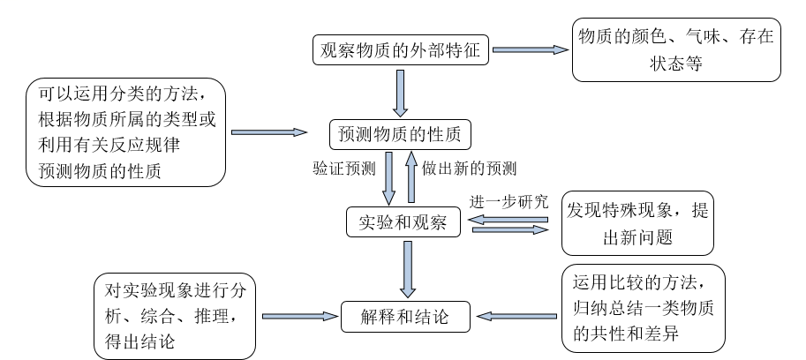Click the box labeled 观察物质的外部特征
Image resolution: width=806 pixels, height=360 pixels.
(400, 51)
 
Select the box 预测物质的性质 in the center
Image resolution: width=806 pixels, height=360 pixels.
(399, 134)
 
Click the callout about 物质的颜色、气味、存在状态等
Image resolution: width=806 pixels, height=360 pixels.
(676, 51)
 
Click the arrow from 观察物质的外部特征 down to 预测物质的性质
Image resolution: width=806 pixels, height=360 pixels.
(400, 93)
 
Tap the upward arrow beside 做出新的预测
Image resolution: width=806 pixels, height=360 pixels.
(411, 178)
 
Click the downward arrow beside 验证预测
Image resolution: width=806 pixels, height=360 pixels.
(389, 178)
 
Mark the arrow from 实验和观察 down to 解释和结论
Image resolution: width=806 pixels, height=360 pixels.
(406, 269)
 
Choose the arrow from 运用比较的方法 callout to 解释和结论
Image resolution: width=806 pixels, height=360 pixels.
(516, 315)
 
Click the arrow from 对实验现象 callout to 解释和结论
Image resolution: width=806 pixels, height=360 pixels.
(301, 315)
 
